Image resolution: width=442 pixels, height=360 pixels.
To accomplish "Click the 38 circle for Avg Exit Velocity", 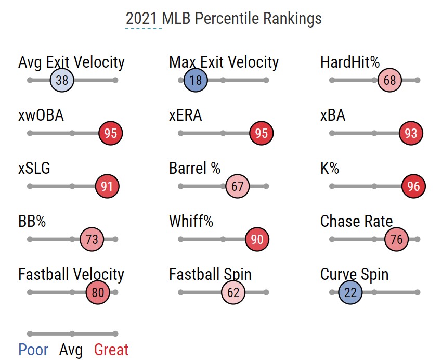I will (62, 80).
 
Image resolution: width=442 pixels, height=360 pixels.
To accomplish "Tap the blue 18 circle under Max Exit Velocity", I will (196, 80).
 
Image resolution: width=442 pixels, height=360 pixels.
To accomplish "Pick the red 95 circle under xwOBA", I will (111, 133).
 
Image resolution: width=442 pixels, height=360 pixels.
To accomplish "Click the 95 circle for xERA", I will (261, 133).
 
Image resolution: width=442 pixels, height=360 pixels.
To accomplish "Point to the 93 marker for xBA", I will (411, 133).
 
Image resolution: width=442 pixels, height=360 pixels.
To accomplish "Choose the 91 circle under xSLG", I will (107, 186).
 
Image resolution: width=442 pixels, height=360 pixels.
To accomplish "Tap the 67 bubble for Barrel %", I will (238, 186).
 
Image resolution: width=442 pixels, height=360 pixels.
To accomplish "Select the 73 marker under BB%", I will (92, 239).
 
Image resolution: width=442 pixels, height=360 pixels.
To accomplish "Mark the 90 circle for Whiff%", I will (257, 239).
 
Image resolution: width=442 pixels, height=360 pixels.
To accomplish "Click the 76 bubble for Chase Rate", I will (397, 239).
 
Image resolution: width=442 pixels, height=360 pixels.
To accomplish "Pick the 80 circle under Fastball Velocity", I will (98, 292).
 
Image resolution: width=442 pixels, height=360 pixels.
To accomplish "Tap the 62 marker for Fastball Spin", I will (233, 292).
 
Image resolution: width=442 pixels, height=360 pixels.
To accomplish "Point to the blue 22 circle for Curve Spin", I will (350, 292).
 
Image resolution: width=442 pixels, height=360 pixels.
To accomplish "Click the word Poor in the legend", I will (33, 350).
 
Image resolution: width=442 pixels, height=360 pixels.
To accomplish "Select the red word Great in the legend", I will (111, 350).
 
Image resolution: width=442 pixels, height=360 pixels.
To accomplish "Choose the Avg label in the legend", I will (71, 350).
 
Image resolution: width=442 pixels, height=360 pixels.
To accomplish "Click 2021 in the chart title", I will (141, 19).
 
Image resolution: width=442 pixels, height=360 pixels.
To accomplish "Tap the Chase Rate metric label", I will (357, 221).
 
